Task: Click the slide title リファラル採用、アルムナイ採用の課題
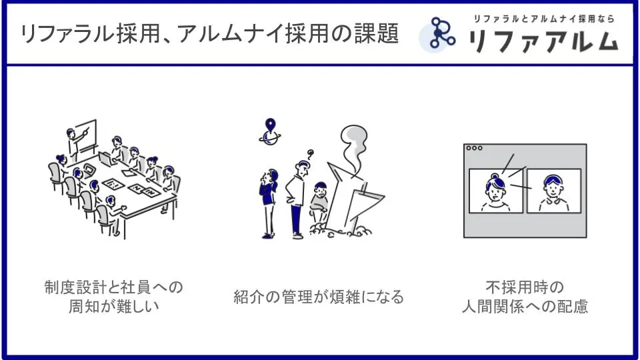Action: tap(209, 33)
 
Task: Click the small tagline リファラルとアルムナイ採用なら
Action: tap(544, 19)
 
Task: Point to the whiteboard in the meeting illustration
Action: tap(86, 135)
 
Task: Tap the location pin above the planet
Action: tap(270, 125)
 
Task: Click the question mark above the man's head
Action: tap(310, 154)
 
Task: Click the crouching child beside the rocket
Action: tap(319, 202)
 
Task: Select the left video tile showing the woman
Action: tap(496, 191)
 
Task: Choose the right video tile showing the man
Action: tap(554, 191)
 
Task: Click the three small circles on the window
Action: tap(474, 148)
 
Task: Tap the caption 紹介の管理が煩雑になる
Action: tap(319, 297)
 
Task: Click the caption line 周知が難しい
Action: tap(114, 306)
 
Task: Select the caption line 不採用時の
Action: tap(525, 287)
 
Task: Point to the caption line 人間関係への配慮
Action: tap(525, 306)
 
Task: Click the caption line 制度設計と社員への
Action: tap(114, 287)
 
